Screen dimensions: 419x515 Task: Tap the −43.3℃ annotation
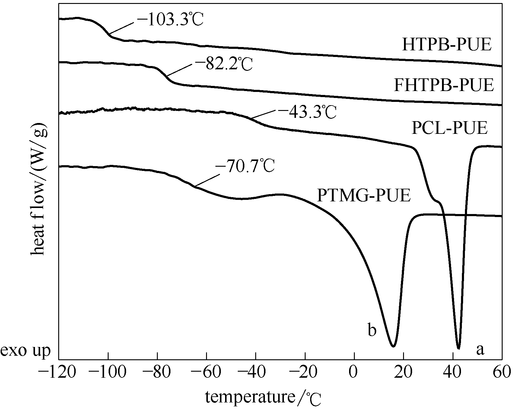307,112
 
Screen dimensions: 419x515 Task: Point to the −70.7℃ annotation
245,166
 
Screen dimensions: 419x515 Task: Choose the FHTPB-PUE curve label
444,85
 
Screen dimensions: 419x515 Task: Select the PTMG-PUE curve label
364,195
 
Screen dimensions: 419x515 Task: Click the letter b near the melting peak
372,331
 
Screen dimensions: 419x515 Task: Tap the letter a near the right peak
480,350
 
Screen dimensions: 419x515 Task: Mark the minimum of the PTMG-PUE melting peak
393,346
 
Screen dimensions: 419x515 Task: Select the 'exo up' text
25,351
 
